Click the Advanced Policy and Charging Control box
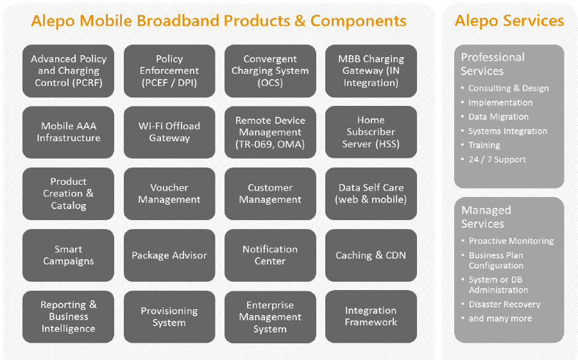(x=69, y=71)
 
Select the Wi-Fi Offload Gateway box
(x=169, y=132)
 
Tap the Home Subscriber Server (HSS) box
(x=371, y=132)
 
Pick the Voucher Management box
(x=169, y=193)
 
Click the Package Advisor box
(x=169, y=255)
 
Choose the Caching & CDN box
(x=371, y=255)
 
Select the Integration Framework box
(x=371, y=316)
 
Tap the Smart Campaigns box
(x=69, y=255)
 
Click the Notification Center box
(x=270, y=255)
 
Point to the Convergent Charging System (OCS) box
(x=270, y=71)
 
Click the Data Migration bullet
(x=498, y=117)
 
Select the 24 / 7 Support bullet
(x=497, y=159)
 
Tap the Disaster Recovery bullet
(x=504, y=304)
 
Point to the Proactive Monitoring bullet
(x=511, y=241)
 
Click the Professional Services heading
(x=492, y=64)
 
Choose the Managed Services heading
(x=486, y=217)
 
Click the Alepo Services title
(x=509, y=21)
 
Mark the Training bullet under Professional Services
(x=484, y=145)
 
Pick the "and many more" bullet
(x=500, y=318)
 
